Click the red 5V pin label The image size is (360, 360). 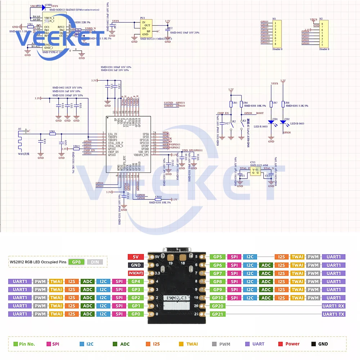point(136,257)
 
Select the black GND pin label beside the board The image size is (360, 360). point(136,265)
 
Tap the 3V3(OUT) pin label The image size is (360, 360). point(136,274)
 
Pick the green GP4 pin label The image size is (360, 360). point(136,282)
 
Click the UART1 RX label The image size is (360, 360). point(333,306)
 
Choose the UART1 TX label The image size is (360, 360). point(333,314)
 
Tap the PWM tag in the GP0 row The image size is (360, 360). point(40,314)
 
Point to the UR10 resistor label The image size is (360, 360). point(158,197)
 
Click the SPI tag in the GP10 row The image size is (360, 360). point(234,298)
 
